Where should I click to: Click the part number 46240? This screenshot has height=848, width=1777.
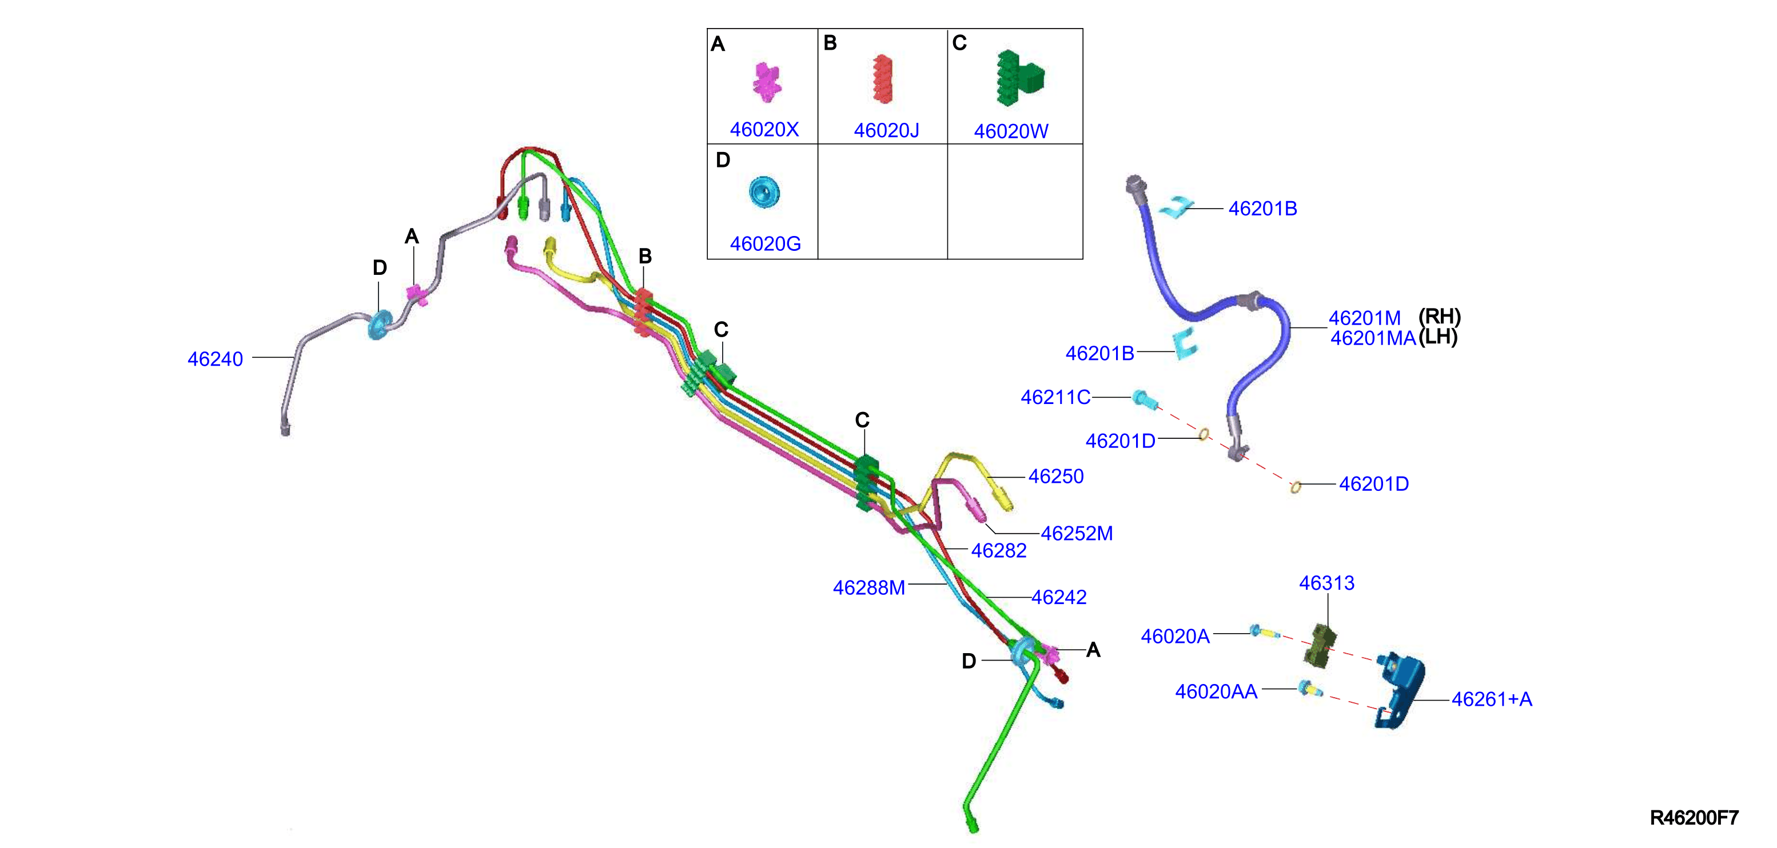(x=215, y=359)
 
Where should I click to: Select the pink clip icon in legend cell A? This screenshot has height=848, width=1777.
(x=766, y=81)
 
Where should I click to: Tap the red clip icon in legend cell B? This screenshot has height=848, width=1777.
(x=882, y=79)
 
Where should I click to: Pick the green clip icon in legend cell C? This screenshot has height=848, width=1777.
(x=1019, y=78)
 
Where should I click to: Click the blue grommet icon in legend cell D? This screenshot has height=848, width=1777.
(x=764, y=191)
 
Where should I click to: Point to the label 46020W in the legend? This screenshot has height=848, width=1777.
(x=1011, y=131)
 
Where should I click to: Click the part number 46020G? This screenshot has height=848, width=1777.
(x=765, y=244)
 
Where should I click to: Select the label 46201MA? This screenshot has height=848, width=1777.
(x=1373, y=338)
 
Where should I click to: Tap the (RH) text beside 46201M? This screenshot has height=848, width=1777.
(x=1440, y=317)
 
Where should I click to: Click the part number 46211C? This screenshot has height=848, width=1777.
(x=1055, y=397)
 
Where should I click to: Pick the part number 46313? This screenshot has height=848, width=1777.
(x=1326, y=583)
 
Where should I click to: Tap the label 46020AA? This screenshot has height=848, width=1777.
(x=1216, y=691)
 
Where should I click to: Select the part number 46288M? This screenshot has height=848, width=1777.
(x=868, y=587)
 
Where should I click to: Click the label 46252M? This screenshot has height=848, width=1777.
(x=1077, y=534)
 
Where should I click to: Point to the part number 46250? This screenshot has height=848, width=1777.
(x=1056, y=477)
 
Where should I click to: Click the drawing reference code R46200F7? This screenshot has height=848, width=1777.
(x=1694, y=818)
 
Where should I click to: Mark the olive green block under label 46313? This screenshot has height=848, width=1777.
(x=1320, y=646)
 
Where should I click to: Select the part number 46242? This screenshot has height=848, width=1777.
(x=1059, y=597)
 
